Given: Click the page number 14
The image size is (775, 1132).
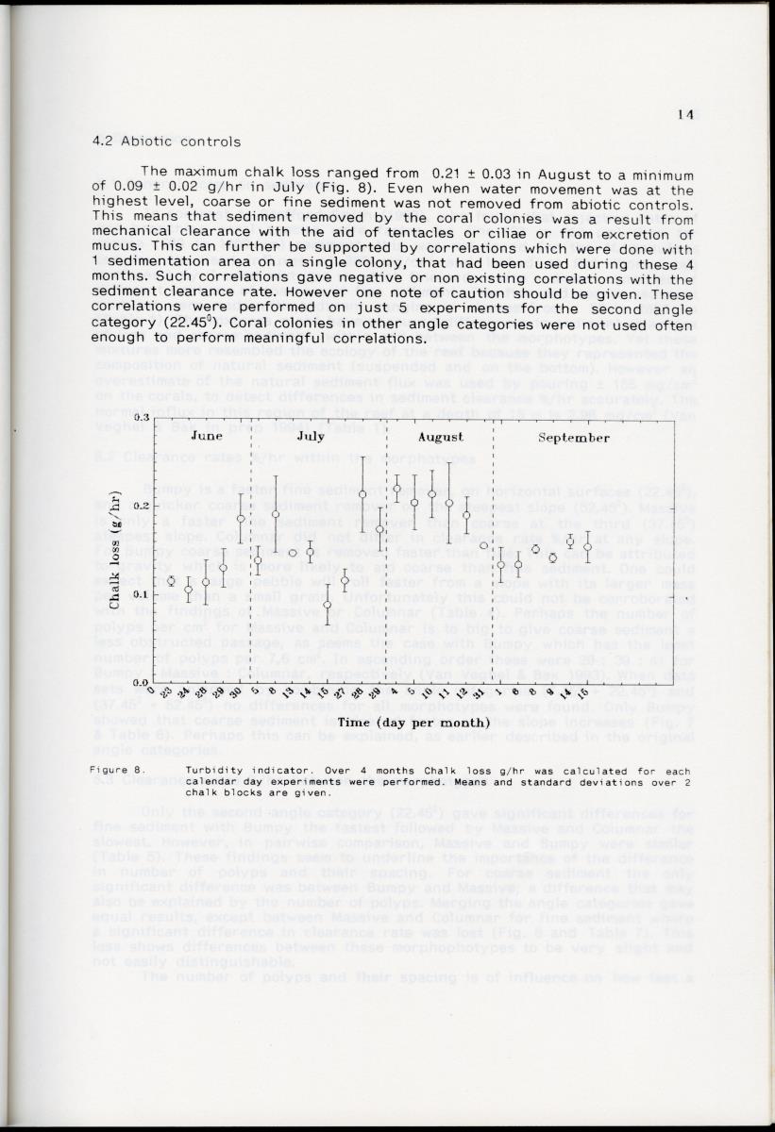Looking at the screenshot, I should tap(685, 115).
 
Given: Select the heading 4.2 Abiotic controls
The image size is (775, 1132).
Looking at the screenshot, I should tap(166, 142).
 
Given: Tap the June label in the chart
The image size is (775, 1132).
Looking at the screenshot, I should tap(206, 437).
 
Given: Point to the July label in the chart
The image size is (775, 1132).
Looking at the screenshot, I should tap(311, 437).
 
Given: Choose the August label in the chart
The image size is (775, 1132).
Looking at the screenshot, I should tap(440, 437).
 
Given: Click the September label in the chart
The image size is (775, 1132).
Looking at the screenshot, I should tap(574, 438).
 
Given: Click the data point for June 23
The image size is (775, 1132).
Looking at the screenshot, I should tap(171, 581).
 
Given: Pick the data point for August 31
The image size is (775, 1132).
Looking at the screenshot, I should tap(483, 545).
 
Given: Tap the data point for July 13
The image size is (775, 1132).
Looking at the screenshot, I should tap(293, 553).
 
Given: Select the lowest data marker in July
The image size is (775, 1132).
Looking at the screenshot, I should tap(327, 605).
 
